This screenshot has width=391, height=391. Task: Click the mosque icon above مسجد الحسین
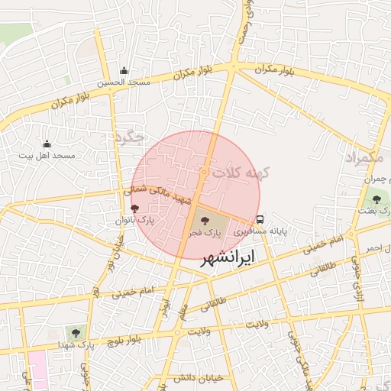point(124,71)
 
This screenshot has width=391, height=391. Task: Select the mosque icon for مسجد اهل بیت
point(47,144)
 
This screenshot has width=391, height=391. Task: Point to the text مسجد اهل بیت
point(47,156)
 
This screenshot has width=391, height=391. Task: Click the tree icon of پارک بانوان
point(135,208)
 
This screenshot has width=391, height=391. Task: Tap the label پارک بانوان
point(135,220)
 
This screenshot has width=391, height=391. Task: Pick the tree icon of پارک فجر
point(203,221)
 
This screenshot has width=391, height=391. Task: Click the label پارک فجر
point(205,231)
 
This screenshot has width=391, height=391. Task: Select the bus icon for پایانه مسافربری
point(260,218)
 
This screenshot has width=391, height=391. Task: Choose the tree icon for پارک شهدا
point(75,333)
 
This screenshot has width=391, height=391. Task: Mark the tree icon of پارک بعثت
point(376,199)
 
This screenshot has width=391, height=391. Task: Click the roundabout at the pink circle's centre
point(204,173)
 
